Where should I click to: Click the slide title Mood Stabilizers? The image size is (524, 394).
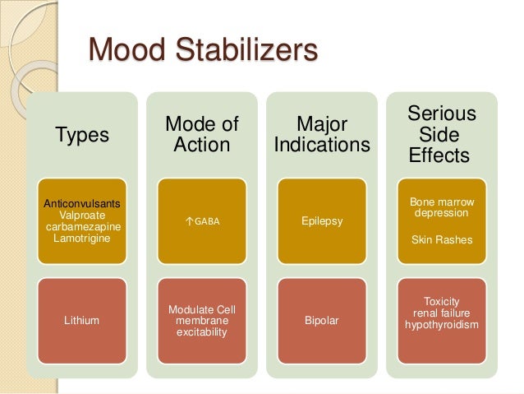[x=202, y=50]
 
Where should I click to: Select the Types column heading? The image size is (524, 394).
[x=81, y=136]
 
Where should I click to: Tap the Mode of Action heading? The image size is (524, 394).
[x=201, y=136]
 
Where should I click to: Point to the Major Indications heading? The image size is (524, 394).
[x=321, y=136]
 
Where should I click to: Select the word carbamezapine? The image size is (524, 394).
[x=81, y=226]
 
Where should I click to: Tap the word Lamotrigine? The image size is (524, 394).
[x=80, y=238]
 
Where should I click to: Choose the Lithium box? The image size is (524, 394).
[x=81, y=320]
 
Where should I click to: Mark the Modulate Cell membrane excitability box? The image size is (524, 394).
[x=201, y=320]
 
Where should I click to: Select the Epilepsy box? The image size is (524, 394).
[x=322, y=221]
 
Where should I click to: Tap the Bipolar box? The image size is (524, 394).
[x=322, y=320]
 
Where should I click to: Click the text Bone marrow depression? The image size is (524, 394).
[x=442, y=207]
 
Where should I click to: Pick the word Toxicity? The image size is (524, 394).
[x=442, y=301]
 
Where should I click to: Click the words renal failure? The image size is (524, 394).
[x=442, y=313]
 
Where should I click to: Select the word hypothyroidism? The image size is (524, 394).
[x=442, y=325]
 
